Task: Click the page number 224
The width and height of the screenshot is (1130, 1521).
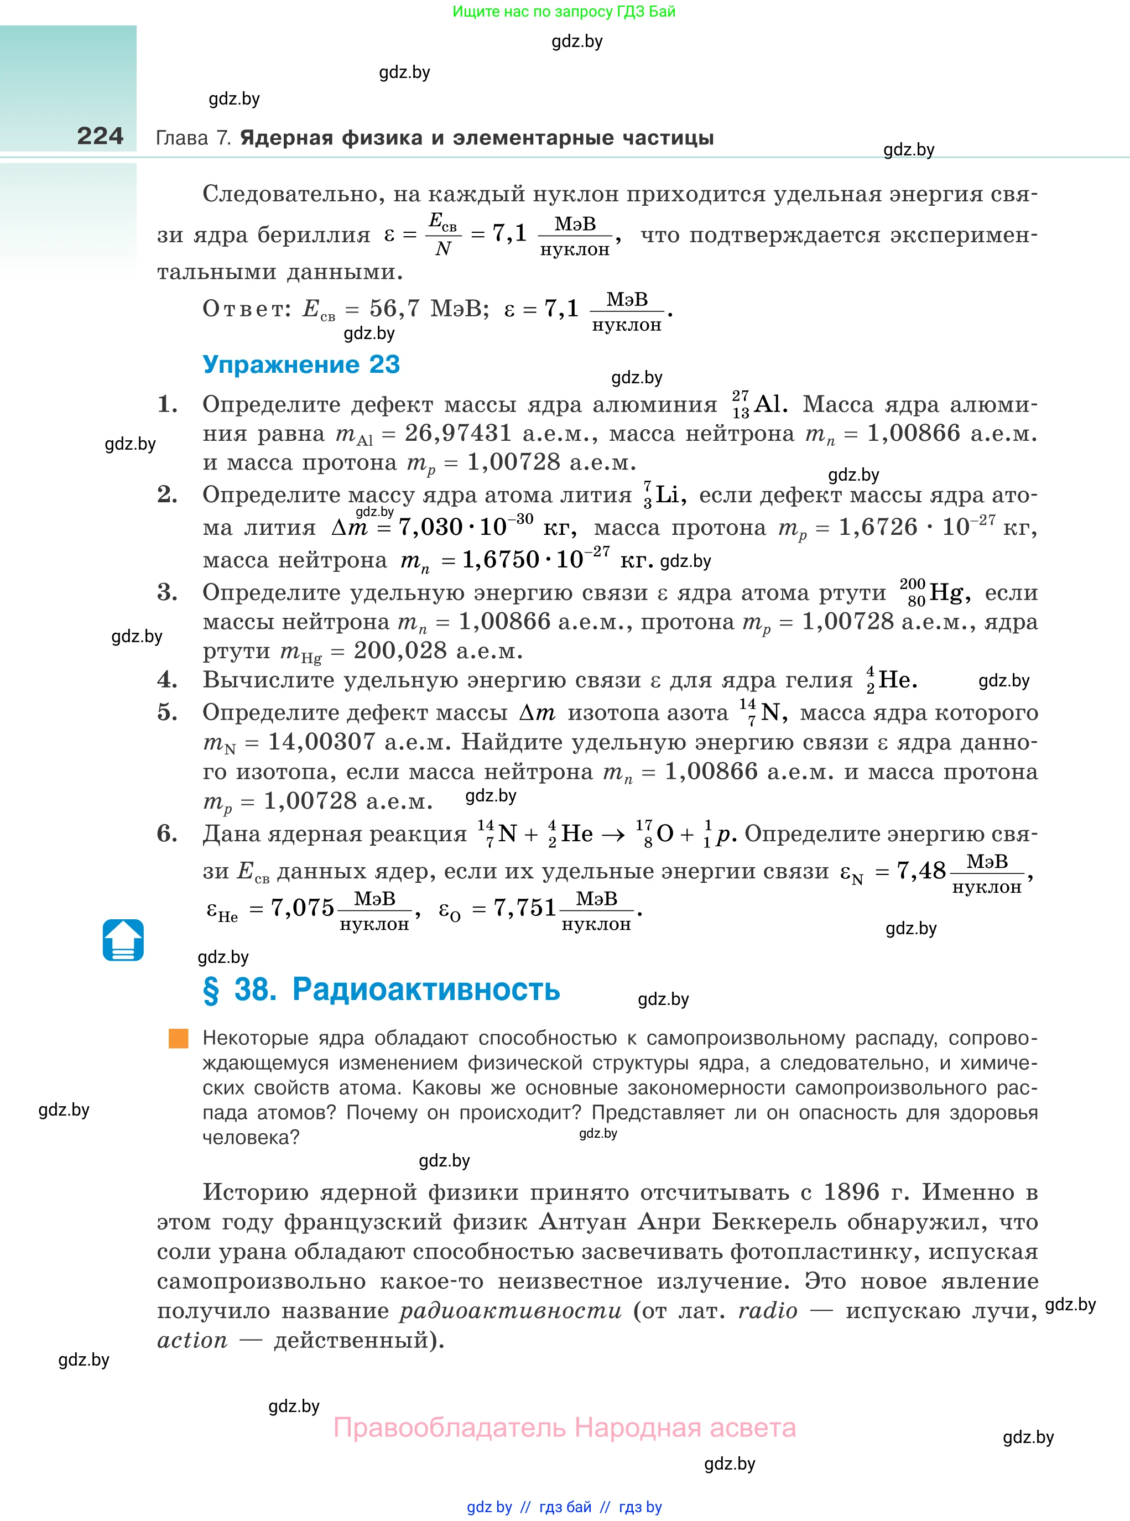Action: pos(100,136)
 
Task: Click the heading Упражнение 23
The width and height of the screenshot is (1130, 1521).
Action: pos(301,364)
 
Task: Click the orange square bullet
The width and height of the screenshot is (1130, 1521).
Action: pos(179,1038)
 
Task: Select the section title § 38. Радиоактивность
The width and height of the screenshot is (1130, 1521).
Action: pos(381,989)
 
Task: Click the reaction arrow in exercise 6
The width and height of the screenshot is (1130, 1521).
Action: pos(613,835)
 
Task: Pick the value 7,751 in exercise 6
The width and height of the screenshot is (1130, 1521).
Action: pos(525,908)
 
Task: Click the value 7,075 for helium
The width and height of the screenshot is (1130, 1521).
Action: pos(303,908)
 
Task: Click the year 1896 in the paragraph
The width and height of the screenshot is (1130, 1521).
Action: pos(851,1192)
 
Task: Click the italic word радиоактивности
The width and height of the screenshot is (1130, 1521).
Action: pos(511,1310)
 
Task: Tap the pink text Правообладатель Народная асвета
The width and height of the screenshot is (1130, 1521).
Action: pos(564,1428)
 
